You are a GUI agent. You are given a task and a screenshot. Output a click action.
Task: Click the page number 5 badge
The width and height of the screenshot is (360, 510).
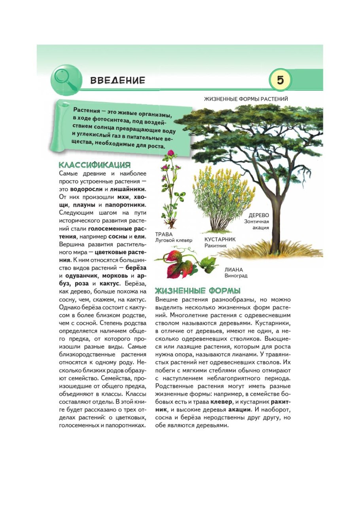[x=280, y=80]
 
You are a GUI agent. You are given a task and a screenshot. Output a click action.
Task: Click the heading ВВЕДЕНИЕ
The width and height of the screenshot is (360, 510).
[x=118, y=81]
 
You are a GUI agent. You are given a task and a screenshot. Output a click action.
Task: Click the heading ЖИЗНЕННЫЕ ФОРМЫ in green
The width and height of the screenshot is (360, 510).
[x=198, y=291]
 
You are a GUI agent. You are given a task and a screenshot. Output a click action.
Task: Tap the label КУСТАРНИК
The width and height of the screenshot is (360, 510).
[x=220, y=240]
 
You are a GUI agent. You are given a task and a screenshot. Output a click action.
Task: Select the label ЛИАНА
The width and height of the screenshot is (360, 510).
[x=234, y=270]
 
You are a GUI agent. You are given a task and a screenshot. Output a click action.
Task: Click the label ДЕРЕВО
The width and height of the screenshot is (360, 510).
[x=259, y=215]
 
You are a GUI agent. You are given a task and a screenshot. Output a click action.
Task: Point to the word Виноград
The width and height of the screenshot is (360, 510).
[x=236, y=276]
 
